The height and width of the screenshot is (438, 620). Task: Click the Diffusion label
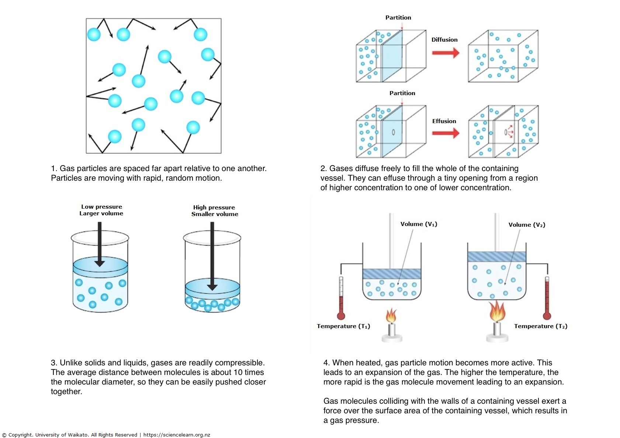(x=444, y=40)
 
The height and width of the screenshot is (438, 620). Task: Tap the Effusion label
(x=444, y=121)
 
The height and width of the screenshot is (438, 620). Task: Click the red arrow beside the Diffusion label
(x=446, y=53)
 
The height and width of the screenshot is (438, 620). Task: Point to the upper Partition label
(x=398, y=18)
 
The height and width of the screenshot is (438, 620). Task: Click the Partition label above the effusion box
(x=402, y=93)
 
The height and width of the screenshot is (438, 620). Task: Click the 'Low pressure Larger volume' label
(x=101, y=210)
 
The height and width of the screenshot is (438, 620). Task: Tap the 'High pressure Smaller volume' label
(x=215, y=211)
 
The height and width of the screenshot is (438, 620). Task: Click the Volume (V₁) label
(x=419, y=224)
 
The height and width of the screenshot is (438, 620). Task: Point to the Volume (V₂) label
(x=527, y=225)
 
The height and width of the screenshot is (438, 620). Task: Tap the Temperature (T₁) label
(x=343, y=326)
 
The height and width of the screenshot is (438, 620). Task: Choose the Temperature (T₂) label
(x=541, y=326)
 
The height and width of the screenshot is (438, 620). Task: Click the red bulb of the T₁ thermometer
(x=341, y=316)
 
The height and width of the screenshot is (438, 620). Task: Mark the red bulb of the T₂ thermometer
(x=547, y=316)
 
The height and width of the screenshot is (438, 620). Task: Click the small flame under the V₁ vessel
(x=391, y=316)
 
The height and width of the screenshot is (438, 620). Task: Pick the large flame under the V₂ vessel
(x=497, y=312)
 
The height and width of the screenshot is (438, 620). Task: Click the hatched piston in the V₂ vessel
(x=496, y=257)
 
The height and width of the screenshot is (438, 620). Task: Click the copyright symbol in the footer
(x=4, y=435)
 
